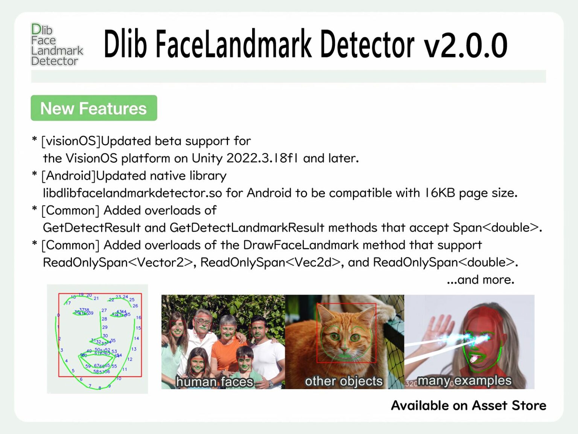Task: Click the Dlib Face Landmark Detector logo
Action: coord(57,44)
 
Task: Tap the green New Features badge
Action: coord(94,108)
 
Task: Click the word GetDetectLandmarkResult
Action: coord(247,228)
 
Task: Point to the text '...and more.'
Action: coord(480,280)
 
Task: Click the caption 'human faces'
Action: coord(214,382)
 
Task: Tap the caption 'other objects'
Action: coord(344,381)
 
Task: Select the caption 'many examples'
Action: coord(464,381)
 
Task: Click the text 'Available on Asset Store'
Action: coord(468,406)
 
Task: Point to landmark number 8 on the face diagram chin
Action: coord(100,388)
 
